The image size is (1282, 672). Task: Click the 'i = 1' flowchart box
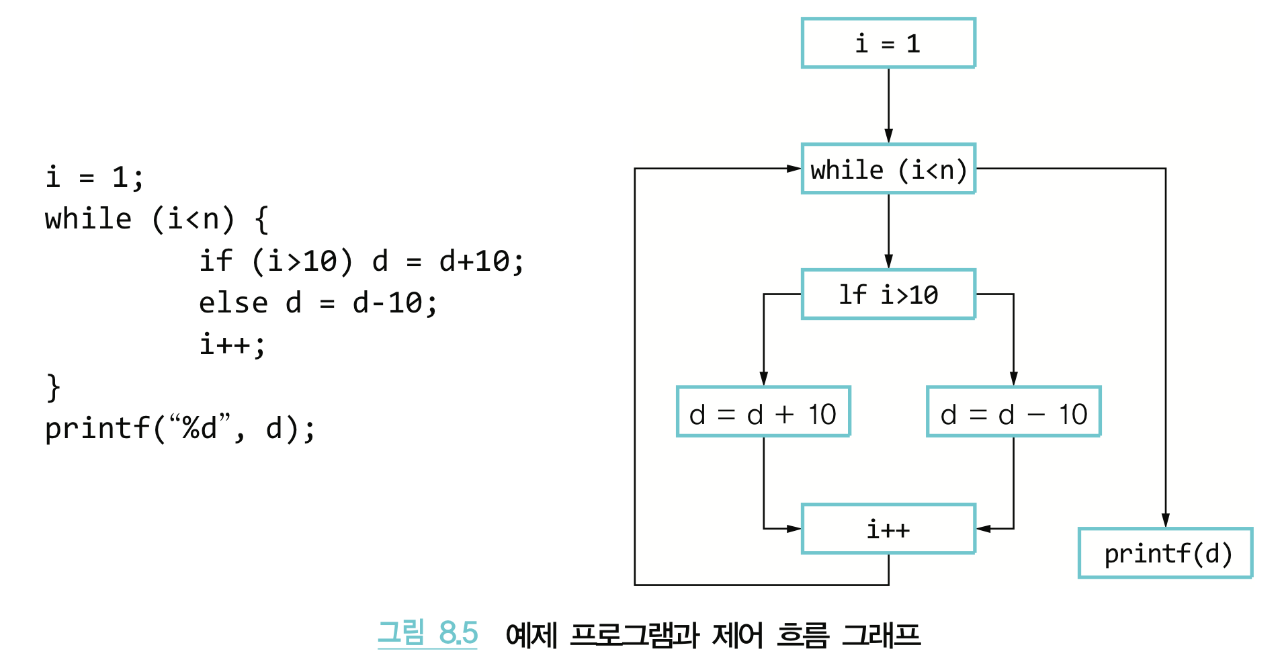888,44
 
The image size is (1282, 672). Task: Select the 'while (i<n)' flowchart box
888,169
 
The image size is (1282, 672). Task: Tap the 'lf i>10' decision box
888,294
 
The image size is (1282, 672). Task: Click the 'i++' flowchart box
888,530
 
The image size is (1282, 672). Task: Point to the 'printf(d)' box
1166,554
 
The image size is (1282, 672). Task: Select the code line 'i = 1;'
95,177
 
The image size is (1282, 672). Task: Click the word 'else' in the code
233,303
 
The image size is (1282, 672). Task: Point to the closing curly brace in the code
53,388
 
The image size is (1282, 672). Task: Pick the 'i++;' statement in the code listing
232,345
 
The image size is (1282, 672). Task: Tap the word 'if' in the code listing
216,261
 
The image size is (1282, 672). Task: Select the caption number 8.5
458,633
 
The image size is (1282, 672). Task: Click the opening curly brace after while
262,220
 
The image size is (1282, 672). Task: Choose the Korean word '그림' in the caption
401,633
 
